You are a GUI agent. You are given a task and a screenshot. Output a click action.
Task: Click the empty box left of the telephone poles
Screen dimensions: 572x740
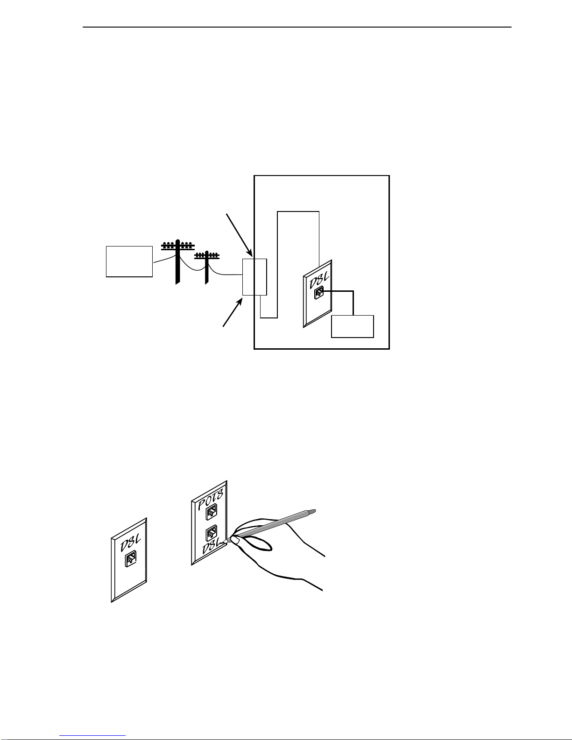(129, 261)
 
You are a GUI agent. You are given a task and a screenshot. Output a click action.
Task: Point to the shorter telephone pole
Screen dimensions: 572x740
(207, 268)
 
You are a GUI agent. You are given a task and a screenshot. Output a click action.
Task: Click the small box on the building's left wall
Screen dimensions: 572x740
(254, 277)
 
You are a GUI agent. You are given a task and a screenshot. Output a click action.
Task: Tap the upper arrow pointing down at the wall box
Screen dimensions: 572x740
(240, 235)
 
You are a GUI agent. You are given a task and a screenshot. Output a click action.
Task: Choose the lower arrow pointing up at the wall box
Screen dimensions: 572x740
(233, 312)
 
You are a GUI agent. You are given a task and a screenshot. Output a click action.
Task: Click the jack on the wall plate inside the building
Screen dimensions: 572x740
(318, 293)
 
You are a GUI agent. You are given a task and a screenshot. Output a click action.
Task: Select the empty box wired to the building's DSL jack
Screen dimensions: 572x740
(353, 327)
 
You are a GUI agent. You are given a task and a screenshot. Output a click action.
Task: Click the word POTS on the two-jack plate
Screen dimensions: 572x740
(211, 500)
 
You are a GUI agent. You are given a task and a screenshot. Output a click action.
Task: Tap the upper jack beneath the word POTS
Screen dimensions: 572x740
(211, 512)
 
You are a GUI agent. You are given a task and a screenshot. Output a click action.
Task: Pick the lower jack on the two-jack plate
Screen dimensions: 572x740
(211, 534)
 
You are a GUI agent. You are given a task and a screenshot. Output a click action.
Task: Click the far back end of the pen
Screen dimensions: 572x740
(315, 510)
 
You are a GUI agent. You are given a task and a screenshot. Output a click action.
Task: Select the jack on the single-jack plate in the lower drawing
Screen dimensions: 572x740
(131, 559)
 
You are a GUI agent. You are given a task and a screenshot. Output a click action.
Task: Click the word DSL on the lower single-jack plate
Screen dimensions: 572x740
(130, 544)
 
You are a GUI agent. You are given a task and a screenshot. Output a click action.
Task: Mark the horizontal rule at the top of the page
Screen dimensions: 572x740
(297, 27)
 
